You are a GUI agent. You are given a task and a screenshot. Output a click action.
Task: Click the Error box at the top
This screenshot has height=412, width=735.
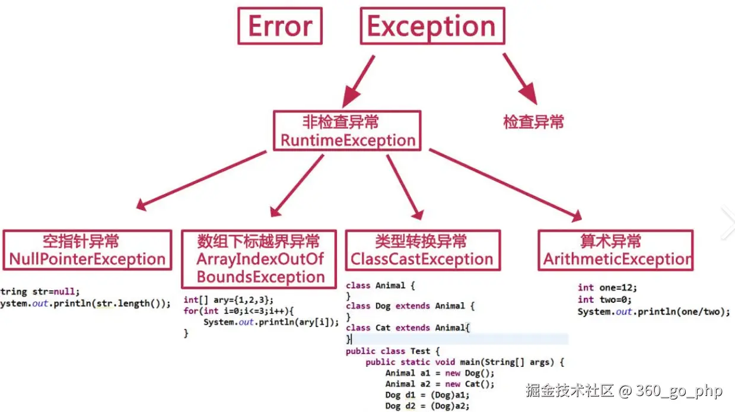point(280,26)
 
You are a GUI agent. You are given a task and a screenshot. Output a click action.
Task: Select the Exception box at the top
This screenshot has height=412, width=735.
point(432,26)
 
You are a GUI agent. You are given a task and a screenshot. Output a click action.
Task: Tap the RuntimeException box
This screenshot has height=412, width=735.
point(347,131)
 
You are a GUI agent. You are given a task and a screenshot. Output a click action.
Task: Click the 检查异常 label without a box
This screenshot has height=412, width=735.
point(533,122)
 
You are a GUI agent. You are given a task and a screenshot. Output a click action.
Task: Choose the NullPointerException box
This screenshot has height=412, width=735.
point(87,250)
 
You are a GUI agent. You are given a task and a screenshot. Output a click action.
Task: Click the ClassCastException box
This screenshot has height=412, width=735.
point(422,250)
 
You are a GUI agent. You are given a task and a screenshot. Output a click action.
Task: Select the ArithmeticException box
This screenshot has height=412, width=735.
point(616,250)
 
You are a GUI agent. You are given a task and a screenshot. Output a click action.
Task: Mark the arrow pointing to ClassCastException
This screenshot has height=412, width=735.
point(405,186)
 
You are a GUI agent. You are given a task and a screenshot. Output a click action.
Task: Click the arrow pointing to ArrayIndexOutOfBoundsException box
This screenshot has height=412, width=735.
point(297,185)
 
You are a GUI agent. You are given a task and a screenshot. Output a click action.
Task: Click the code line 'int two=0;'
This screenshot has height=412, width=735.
point(599,300)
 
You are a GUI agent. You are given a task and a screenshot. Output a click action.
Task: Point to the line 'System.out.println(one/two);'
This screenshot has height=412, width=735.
point(654,312)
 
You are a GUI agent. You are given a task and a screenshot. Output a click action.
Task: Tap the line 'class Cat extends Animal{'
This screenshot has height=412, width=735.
point(408,327)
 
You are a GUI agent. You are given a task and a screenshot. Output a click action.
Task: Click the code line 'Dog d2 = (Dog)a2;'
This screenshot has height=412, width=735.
point(427,406)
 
